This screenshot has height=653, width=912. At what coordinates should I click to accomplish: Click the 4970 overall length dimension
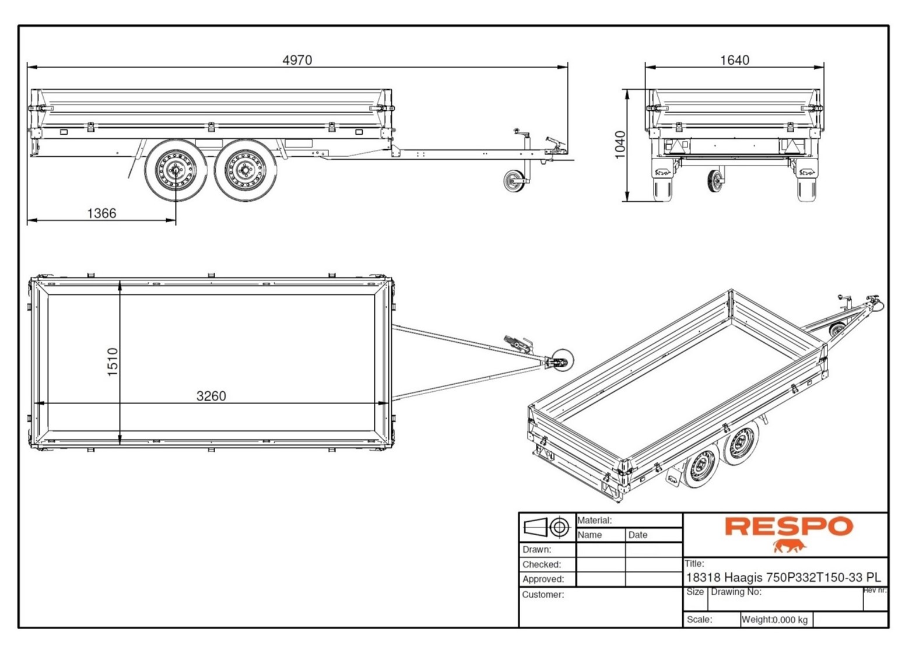297,60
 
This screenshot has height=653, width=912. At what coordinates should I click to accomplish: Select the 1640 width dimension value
734,60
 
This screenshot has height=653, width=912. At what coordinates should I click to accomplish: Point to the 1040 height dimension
620,144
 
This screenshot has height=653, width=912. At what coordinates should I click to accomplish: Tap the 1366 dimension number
101,213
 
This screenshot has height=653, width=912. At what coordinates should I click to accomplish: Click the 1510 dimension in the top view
113,361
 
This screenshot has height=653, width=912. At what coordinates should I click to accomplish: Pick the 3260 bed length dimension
211,396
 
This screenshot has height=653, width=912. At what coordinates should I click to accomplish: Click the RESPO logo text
788,526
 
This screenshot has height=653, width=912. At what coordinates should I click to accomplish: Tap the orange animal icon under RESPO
790,546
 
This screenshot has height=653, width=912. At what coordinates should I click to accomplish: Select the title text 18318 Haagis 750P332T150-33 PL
783,578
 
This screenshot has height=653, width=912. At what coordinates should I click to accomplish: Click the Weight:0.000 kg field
774,620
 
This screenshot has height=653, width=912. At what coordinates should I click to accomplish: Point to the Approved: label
542,580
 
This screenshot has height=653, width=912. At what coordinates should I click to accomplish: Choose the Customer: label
543,595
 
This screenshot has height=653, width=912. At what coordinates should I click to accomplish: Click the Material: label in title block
594,520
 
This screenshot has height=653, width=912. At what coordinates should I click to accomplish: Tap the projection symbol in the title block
547,528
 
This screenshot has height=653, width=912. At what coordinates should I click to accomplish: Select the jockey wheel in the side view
514,180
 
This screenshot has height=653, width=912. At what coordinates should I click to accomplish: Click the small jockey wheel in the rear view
714,181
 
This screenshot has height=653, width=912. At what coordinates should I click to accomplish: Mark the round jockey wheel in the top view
562,359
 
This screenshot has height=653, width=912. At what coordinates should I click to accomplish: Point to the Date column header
637,535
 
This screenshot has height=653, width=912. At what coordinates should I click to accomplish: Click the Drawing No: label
736,592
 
